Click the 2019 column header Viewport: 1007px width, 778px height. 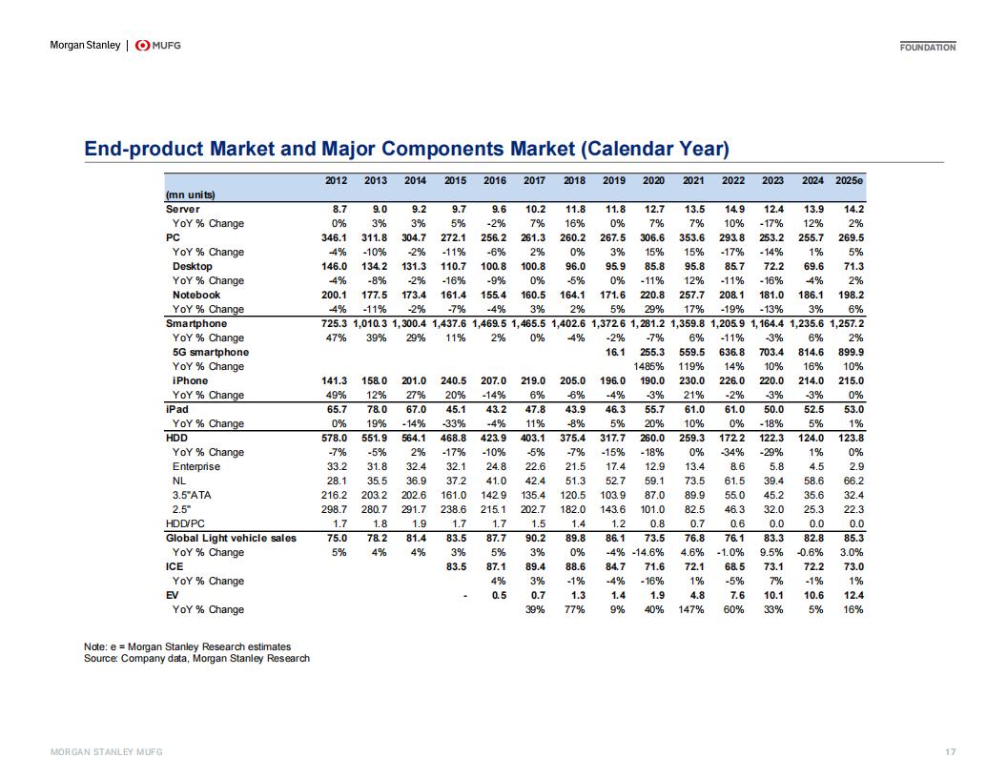[x=614, y=180]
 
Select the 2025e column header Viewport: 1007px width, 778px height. [x=849, y=180]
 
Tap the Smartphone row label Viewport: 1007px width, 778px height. [x=195, y=323]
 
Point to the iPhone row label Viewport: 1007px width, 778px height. [x=190, y=380]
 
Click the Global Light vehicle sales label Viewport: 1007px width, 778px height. [x=231, y=538]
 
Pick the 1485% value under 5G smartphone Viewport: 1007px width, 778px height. [x=648, y=366]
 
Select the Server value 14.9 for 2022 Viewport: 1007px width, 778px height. [x=734, y=209]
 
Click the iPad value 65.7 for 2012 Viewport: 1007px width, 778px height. [x=337, y=410]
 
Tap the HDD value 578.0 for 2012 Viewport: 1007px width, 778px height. [x=334, y=438]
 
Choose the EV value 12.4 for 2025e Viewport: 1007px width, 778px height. [x=853, y=595]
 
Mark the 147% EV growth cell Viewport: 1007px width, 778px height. [x=691, y=610]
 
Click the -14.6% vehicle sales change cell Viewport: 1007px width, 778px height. [x=648, y=553]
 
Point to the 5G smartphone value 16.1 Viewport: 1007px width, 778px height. [x=615, y=353]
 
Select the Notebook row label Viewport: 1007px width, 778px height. [x=195, y=296]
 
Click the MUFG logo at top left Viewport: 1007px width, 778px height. [x=158, y=46]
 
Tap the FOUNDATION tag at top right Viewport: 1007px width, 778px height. [x=927, y=47]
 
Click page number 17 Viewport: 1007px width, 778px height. [x=951, y=751]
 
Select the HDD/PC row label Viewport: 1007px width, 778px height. [x=185, y=523]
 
